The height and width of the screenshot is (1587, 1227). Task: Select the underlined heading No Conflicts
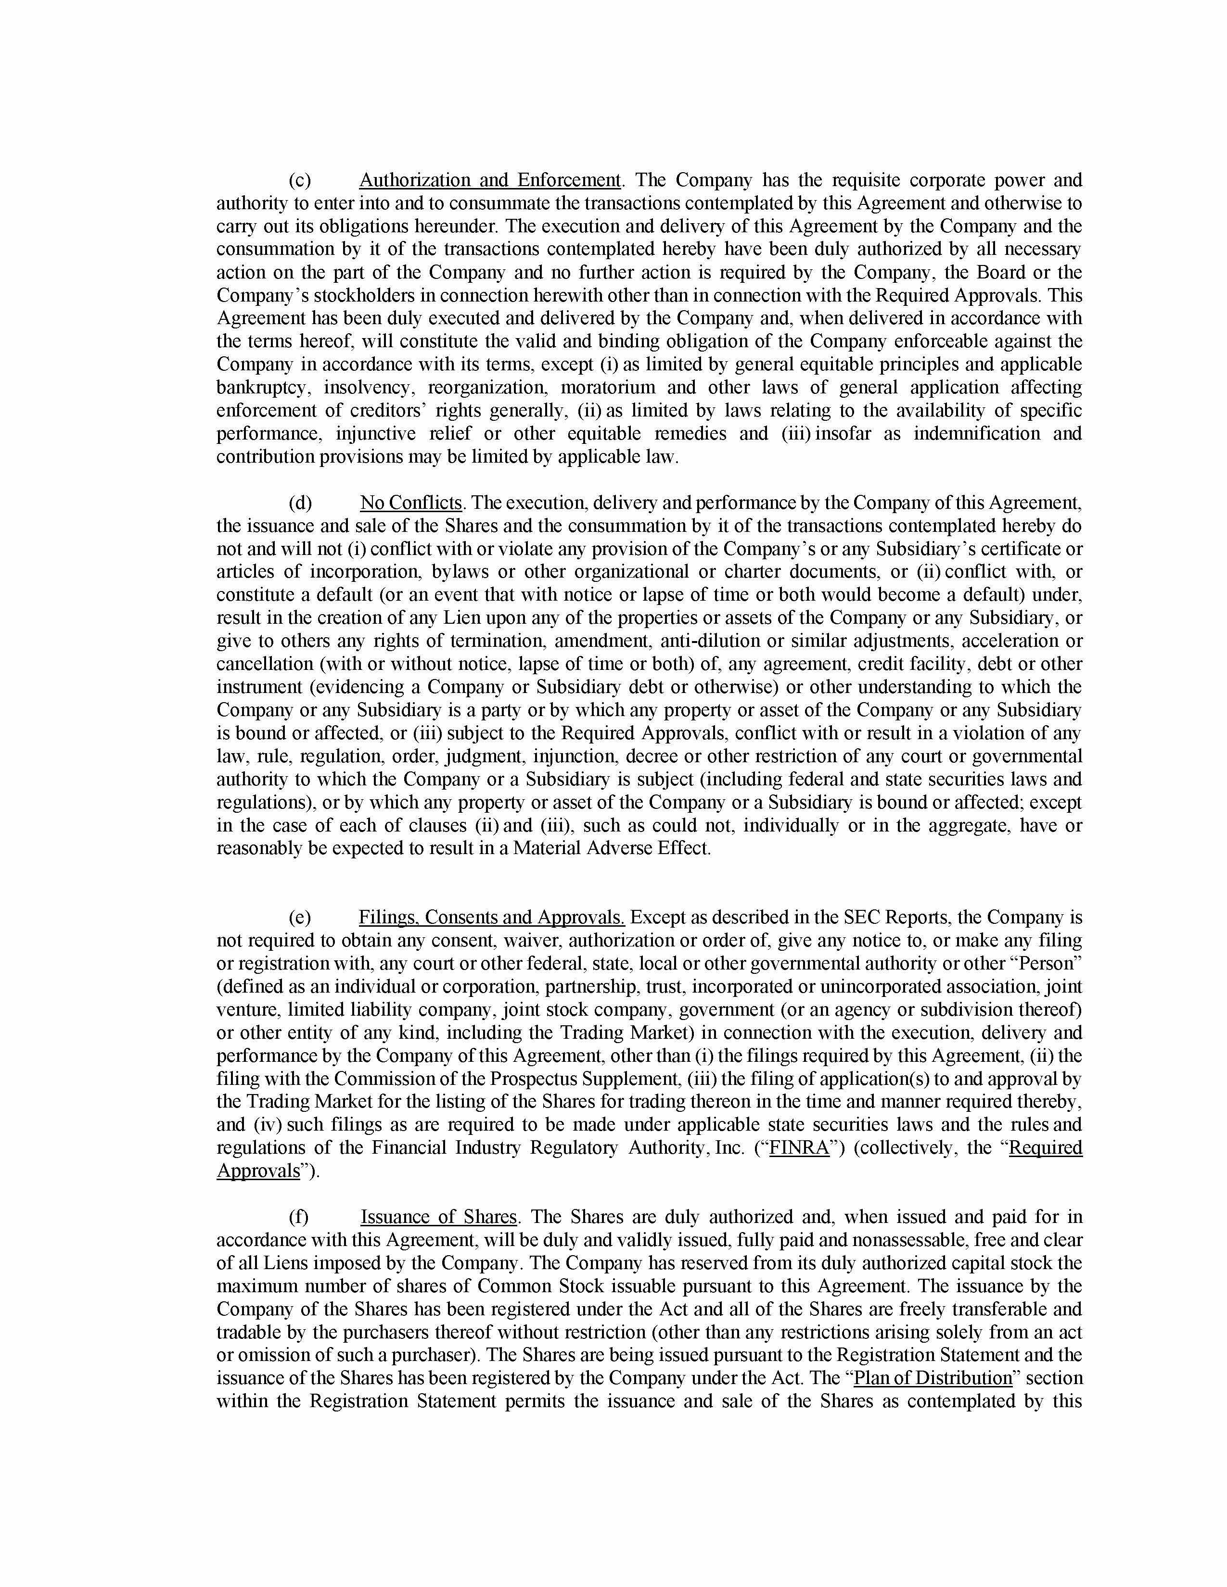coord(411,503)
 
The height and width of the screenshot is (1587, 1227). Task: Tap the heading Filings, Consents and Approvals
coord(491,917)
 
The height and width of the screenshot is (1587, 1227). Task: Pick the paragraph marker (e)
coord(299,917)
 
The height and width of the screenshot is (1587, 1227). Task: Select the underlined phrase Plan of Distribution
coord(933,1378)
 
